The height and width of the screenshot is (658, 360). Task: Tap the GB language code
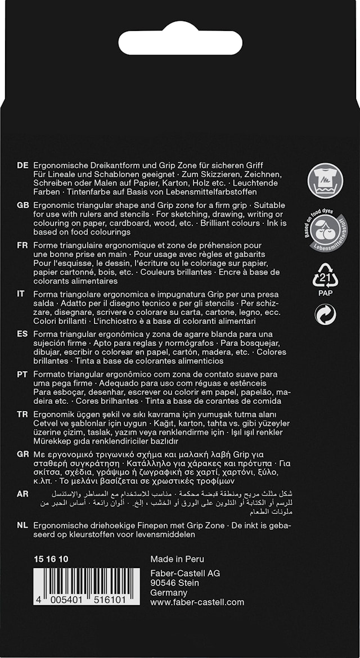[x=23, y=205]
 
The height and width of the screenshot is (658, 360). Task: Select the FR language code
[x=22, y=245]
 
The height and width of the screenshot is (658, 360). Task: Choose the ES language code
[x=22, y=334]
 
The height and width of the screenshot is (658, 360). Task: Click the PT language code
[x=22, y=374]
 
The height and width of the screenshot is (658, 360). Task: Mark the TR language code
[x=22, y=414]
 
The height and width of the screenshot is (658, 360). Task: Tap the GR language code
[x=23, y=454]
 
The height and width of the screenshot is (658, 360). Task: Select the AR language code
[x=23, y=494]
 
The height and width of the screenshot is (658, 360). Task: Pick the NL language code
[x=22, y=525]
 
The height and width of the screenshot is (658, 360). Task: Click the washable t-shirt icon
[x=325, y=181]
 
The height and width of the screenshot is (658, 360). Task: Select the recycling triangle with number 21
[x=325, y=275]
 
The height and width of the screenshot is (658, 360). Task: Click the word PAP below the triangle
[x=325, y=293]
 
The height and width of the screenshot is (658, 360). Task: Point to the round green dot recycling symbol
[x=325, y=314]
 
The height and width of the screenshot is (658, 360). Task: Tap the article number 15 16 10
[x=51, y=559]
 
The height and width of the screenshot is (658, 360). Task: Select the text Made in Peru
[x=177, y=559]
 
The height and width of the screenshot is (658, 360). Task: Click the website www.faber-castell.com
[x=197, y=602]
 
